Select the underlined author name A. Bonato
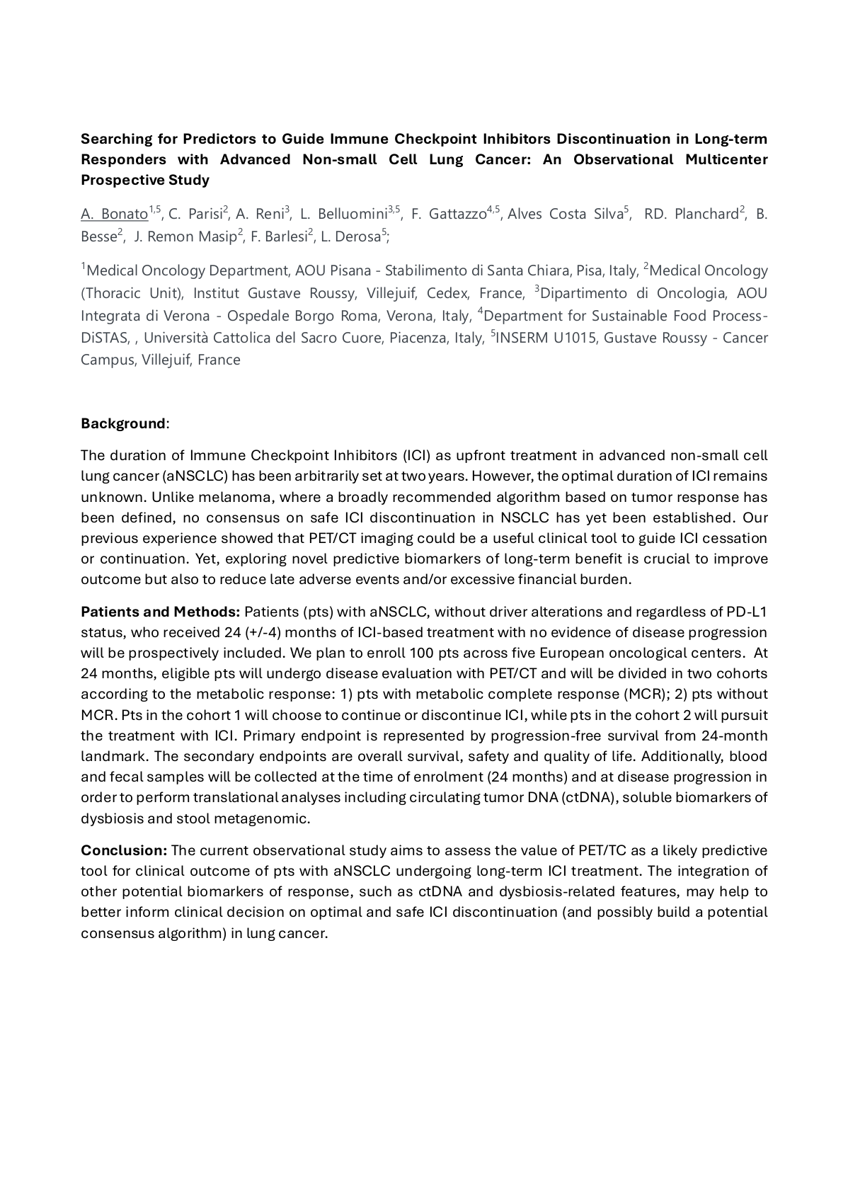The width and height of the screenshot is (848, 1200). [114, 214]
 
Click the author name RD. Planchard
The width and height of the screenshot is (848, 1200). [691, 214]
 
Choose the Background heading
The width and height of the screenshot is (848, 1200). [122, 423]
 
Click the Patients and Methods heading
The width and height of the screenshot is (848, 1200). [160, 612]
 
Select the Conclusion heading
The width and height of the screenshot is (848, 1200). [123, 850]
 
